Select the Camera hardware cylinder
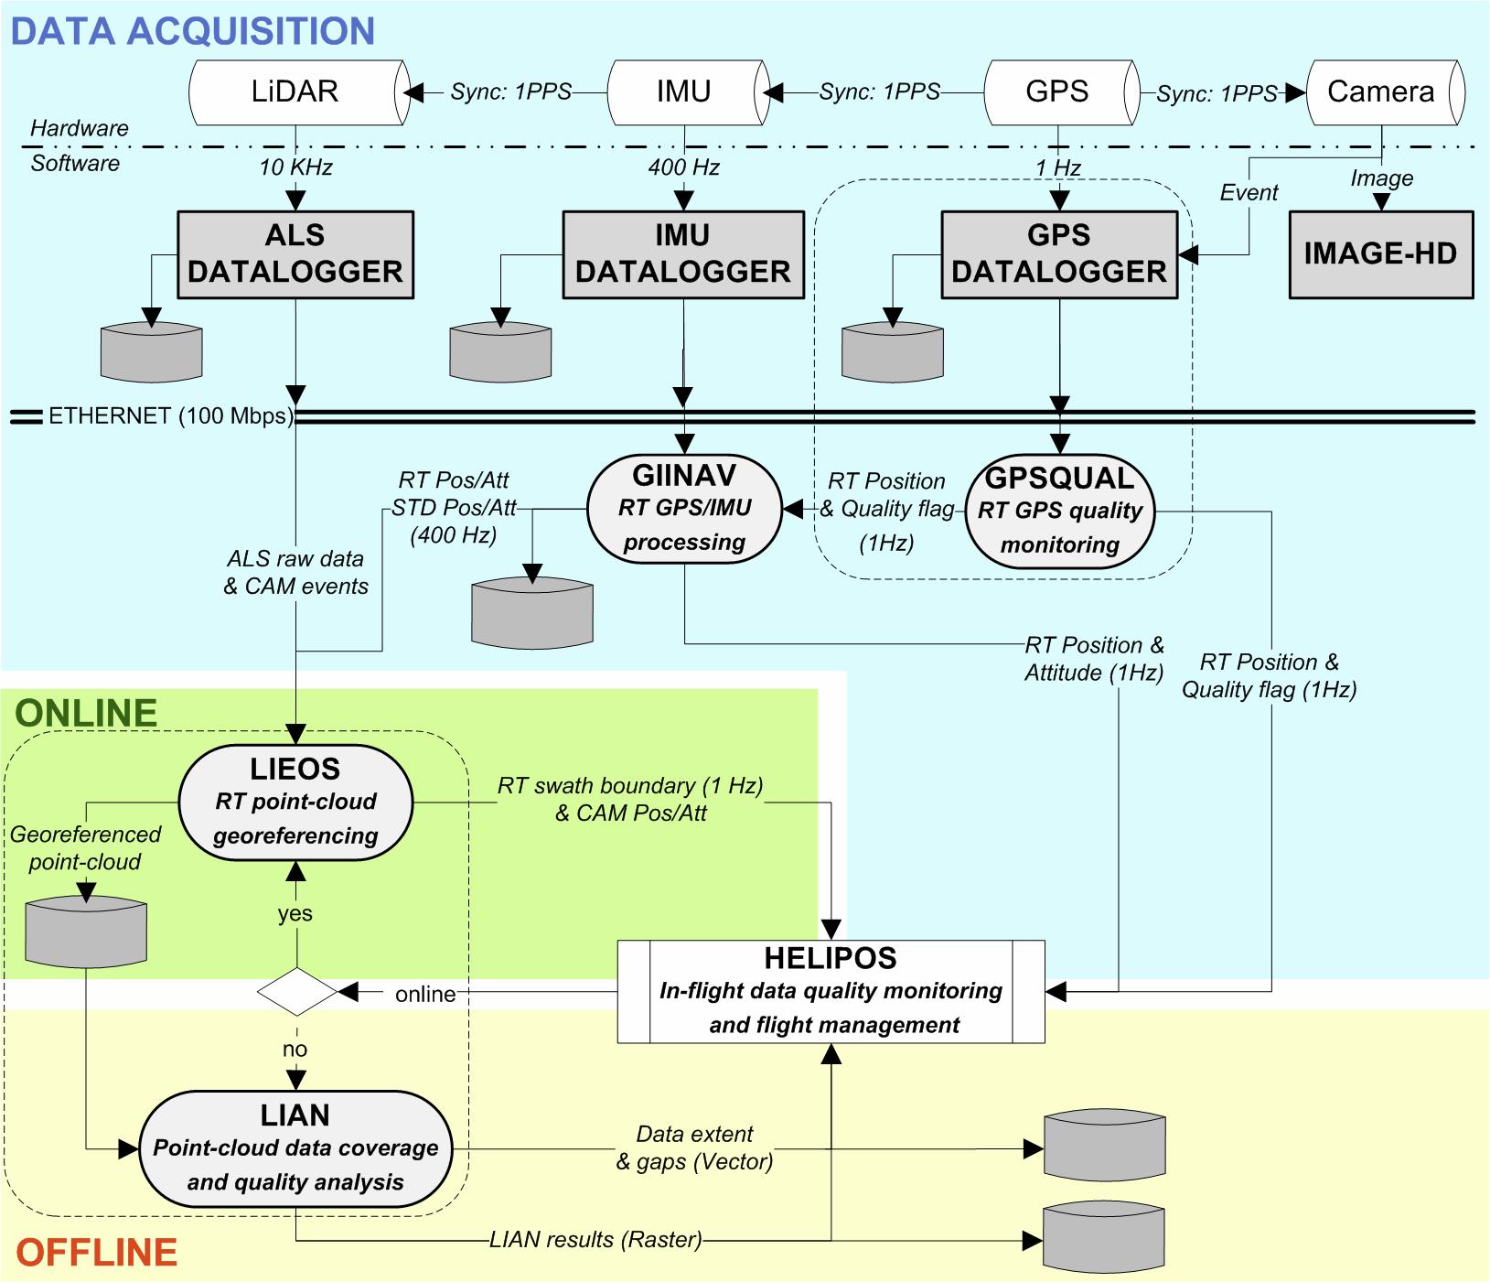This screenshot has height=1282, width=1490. click(1383, 92)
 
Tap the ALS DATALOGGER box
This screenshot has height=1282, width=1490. click(295, 254)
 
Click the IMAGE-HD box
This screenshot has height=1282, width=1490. click(1380, 254)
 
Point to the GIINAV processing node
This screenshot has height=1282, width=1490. click(684, 508)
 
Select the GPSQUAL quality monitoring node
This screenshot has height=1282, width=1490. click(1060, 511)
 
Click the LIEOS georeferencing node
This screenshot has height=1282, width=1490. click(295, 802)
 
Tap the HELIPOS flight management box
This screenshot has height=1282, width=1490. click(831, 991)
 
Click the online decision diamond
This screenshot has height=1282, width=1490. click(297, 991)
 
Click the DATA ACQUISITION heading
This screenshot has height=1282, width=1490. click(193, 31)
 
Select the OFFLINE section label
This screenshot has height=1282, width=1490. click(96, 1252)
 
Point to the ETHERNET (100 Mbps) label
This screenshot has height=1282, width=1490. click(171, 415)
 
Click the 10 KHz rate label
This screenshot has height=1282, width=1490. click(295, 167)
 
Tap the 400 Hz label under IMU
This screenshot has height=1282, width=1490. click(684, 167)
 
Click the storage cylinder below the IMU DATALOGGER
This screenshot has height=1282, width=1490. click(500, 351)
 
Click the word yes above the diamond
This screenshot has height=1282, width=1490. click(295, 913)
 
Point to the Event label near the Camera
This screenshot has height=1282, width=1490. click(1249, 193)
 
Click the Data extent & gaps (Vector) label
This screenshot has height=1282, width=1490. click(695, 1147)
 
